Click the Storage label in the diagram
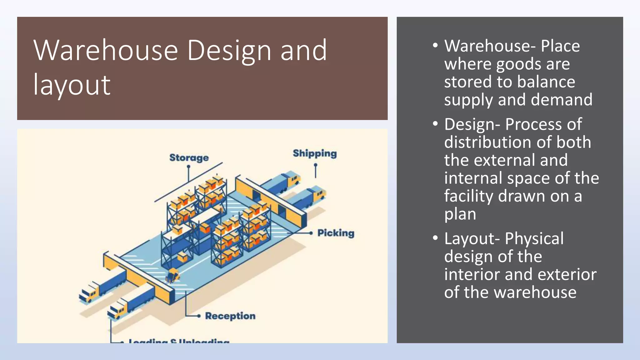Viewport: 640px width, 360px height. pyautogui.click(x=189, y=157)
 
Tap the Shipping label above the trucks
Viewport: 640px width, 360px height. pyautogui.click(x=315, y=153)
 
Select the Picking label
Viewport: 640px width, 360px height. pyautogui.click(x=336, y=233)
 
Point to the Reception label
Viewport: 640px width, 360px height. pyautogui.click(x=230, y=316)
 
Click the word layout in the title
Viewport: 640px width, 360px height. pyautogui.click(x=72, y=85)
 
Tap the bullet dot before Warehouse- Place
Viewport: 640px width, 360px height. pyautogui.click(x=435, y=45)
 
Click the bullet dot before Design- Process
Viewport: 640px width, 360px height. pyautogui.click(x=435, y=124)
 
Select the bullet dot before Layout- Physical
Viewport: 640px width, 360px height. pyautogui.click(x=435, y=238)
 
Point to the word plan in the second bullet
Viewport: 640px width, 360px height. pyautogui.click(x=460, y=214)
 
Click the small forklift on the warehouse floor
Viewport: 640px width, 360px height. pyautogui.click(x=172, y=275)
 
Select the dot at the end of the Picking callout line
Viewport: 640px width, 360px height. pyautogui.click(x=311, y=233)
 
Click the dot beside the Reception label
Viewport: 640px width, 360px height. pyautogui.click(x=199, y=316)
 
